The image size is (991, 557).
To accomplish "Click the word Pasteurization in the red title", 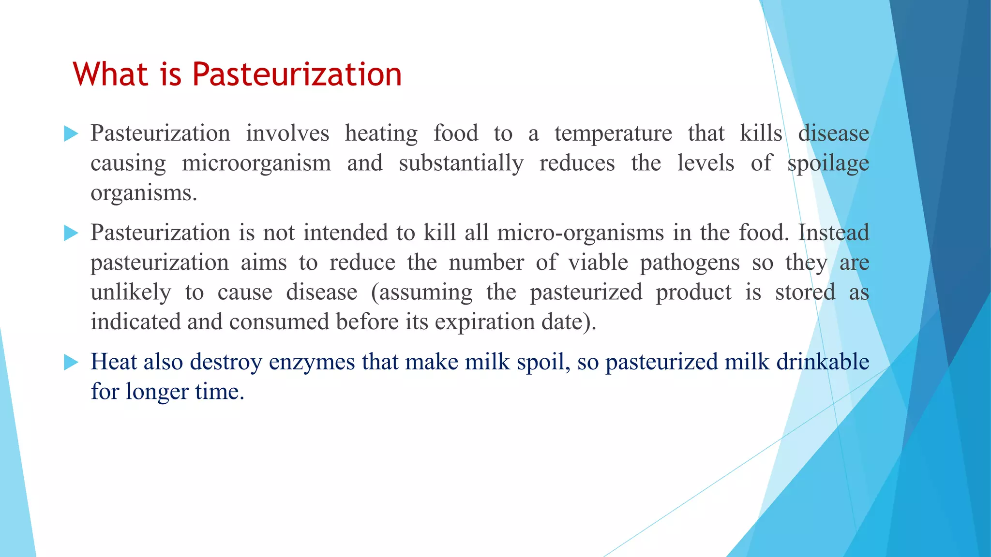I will pyautogui.click(x=297, y=74).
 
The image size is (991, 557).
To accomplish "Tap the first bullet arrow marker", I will pyautogui.click(x=71, y=134).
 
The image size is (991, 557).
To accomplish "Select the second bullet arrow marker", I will pyautogui.click(x=71, y=234).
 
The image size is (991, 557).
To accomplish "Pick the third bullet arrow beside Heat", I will pyautogui.click(x=71, y=362).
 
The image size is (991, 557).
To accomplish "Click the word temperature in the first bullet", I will pyautogui.click(x=613, y=133).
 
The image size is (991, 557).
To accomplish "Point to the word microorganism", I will pyautogui.click(x=256, y=163).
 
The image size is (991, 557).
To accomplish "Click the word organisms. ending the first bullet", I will pyautogui.click(x=144, y=193).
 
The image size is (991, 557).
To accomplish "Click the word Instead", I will pyautogui.click(x=833, y=233).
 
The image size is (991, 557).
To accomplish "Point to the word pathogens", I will pyautogui.click(x=690, y=263).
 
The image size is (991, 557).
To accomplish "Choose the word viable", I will pyautogui.click(x=598, y=263).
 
